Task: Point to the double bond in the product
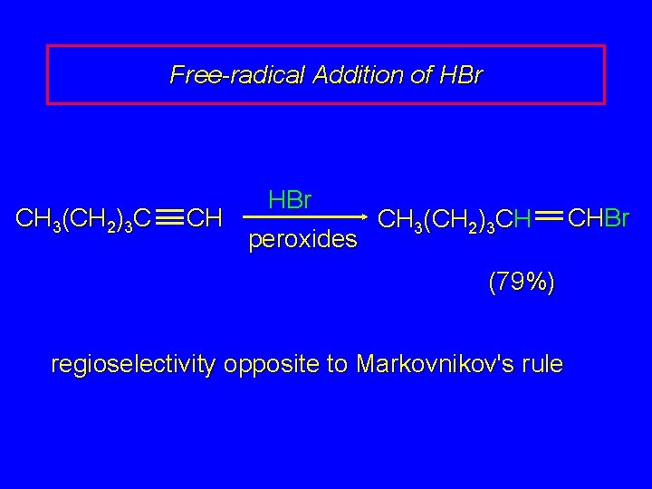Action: click(x=549, y=217)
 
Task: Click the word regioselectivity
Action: click(x=134, y=364)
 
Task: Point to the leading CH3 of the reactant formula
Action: click(x=36, y=219)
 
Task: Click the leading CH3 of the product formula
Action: click(x=397, y=219)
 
